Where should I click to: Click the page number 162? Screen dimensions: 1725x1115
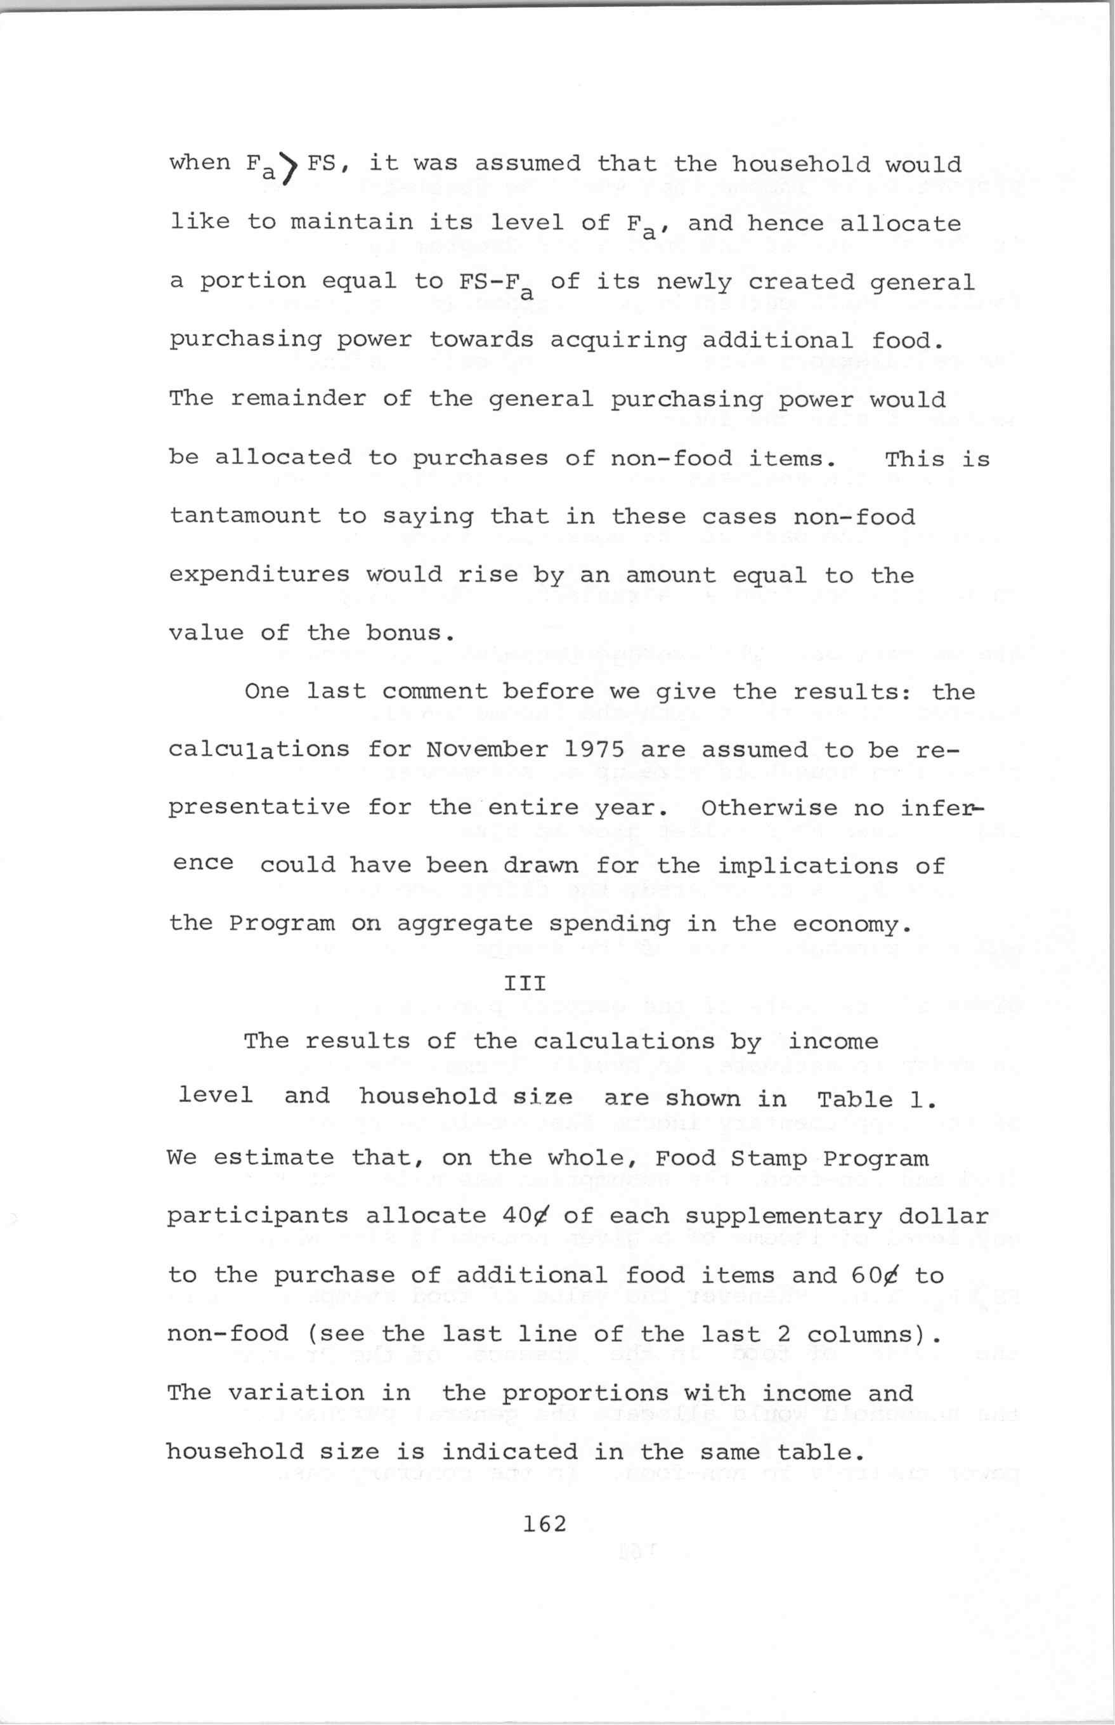click(x=544, y=1525)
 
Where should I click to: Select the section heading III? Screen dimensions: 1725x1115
click(x=525, y=983)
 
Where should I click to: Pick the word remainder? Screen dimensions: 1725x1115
click(x=298, y=399)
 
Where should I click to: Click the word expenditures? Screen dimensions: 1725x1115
click(x=259, y=575)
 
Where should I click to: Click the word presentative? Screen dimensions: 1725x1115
click(x=259, y=808)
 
